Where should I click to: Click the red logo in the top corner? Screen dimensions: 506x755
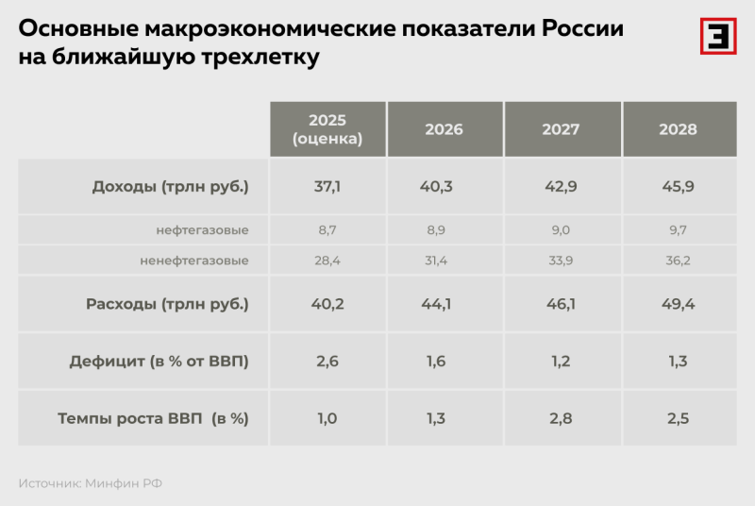(x=717, y=36)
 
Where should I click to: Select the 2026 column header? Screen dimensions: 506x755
(x=444, y=129)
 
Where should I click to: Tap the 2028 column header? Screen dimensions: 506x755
(x=678, y=129)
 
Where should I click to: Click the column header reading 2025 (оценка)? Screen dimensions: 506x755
(x=327, y=129)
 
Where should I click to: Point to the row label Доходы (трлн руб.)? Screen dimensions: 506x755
(x=170, y=186)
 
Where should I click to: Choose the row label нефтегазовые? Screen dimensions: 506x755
(x=202, y=229)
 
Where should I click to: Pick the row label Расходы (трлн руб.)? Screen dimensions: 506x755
(x=167, y=304)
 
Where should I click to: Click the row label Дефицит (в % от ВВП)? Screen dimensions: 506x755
(x=159, y=361)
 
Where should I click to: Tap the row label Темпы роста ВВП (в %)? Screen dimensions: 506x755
(x=153, y=418)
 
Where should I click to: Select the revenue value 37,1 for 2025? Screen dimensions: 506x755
(x=327, y=186)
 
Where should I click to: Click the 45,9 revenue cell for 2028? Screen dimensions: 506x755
(x=678, y=186)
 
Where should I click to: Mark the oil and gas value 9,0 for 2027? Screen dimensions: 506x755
(x=561, y=229)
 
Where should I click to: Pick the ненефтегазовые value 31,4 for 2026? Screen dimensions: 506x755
(x=444, y=260)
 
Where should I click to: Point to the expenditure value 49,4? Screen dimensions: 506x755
(x=678, y=304)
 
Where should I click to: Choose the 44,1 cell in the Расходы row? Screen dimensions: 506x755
(x=444, y=304)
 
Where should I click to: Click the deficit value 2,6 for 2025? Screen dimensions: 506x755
(x=327, y=361)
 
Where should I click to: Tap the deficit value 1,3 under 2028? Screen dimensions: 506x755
(x=678, y=361)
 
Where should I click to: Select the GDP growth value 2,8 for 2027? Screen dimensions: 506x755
(x=561, y=418)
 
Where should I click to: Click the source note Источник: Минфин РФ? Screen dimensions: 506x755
(x=91, y=483)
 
